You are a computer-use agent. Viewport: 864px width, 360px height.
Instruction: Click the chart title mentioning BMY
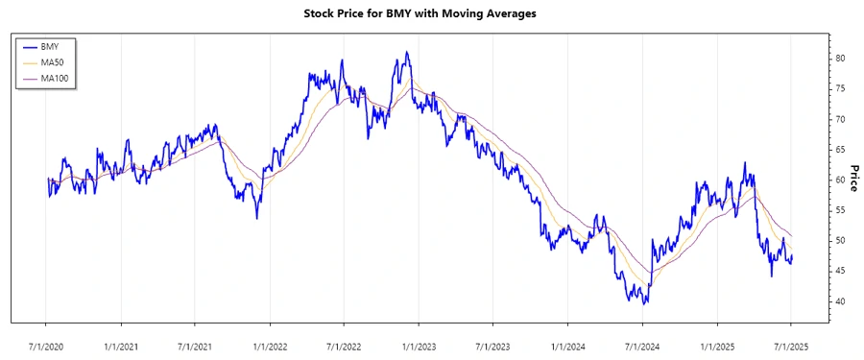point(432,14)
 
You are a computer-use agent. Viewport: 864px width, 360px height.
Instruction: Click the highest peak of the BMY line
point(406,52)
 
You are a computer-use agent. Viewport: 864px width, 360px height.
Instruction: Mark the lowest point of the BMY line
point(646,304)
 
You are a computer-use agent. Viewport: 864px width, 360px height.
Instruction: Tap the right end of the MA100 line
point(791,235)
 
